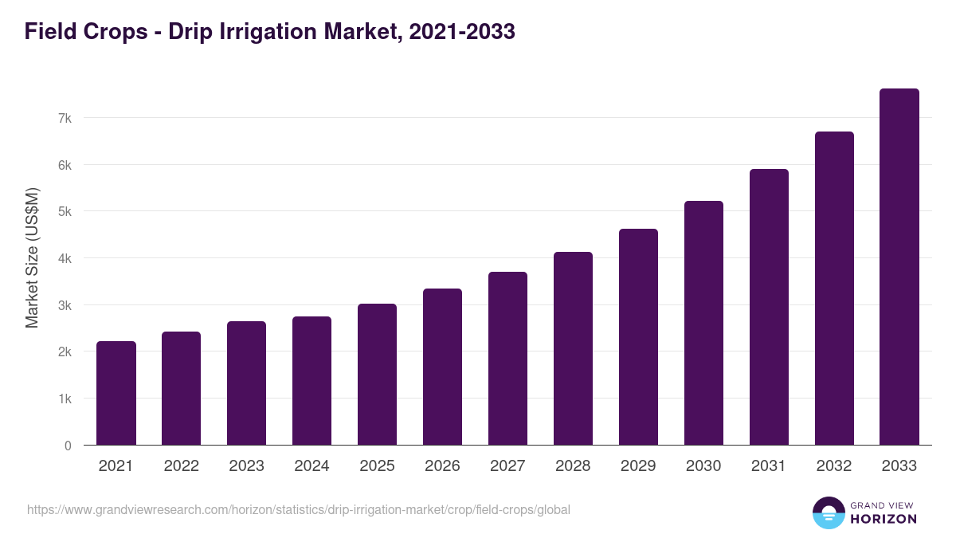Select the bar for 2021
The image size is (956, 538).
click(x=116, y=393)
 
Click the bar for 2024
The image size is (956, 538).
click(x=312, y=381)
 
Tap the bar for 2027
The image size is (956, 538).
click(x=508, y=359)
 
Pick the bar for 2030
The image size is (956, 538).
click(x=704, y=323)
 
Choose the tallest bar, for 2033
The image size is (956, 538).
click(x=899, y=267)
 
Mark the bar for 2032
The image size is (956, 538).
click(x=834, y=289)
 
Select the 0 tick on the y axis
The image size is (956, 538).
click(x=69, y=446)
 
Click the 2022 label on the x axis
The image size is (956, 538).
click(x=182, y=466)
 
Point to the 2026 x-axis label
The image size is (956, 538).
click(x=443, y=466)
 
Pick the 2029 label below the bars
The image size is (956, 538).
click(x=638, y=466)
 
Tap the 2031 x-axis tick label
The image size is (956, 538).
click(x=769, y=466)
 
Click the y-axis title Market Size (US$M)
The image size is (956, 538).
click(x=32, y=258)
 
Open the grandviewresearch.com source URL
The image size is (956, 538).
click(x=299, y=509)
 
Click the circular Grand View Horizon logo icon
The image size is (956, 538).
click(x=829, y=512)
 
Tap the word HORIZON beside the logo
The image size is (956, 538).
click(x=884, y=519)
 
